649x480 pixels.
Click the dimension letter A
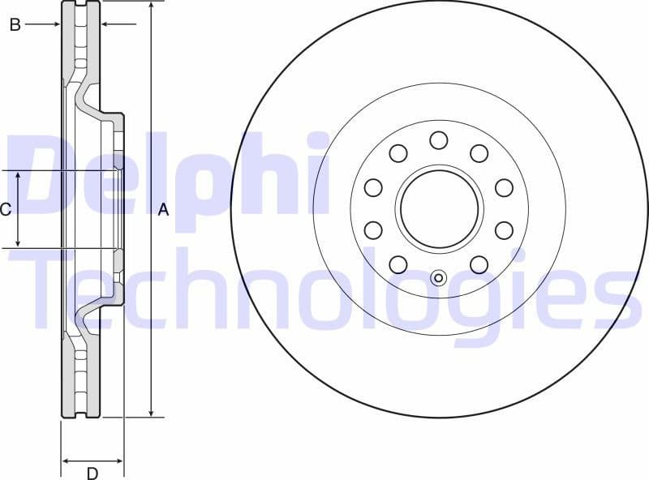(162, 210)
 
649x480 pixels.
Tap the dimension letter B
(14, 25)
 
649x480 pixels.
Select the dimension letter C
(6, 210)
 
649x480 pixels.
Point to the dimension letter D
(92, 473)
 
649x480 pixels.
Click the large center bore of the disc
(439, 210)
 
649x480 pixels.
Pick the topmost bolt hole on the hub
(439, 140)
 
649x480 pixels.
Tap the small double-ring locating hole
(439, 278)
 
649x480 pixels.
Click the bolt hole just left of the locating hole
(398, 264)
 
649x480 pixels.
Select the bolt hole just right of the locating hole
(479, 264)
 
